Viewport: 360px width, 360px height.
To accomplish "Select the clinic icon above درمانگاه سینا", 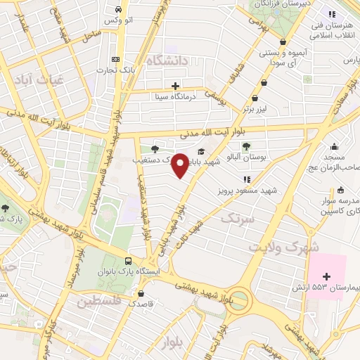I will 175,86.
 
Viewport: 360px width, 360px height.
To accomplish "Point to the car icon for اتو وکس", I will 117,11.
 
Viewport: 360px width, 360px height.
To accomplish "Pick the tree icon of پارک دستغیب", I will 155,148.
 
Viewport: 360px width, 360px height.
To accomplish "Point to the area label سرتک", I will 236,219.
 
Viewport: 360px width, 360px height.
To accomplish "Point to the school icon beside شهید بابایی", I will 201,151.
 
